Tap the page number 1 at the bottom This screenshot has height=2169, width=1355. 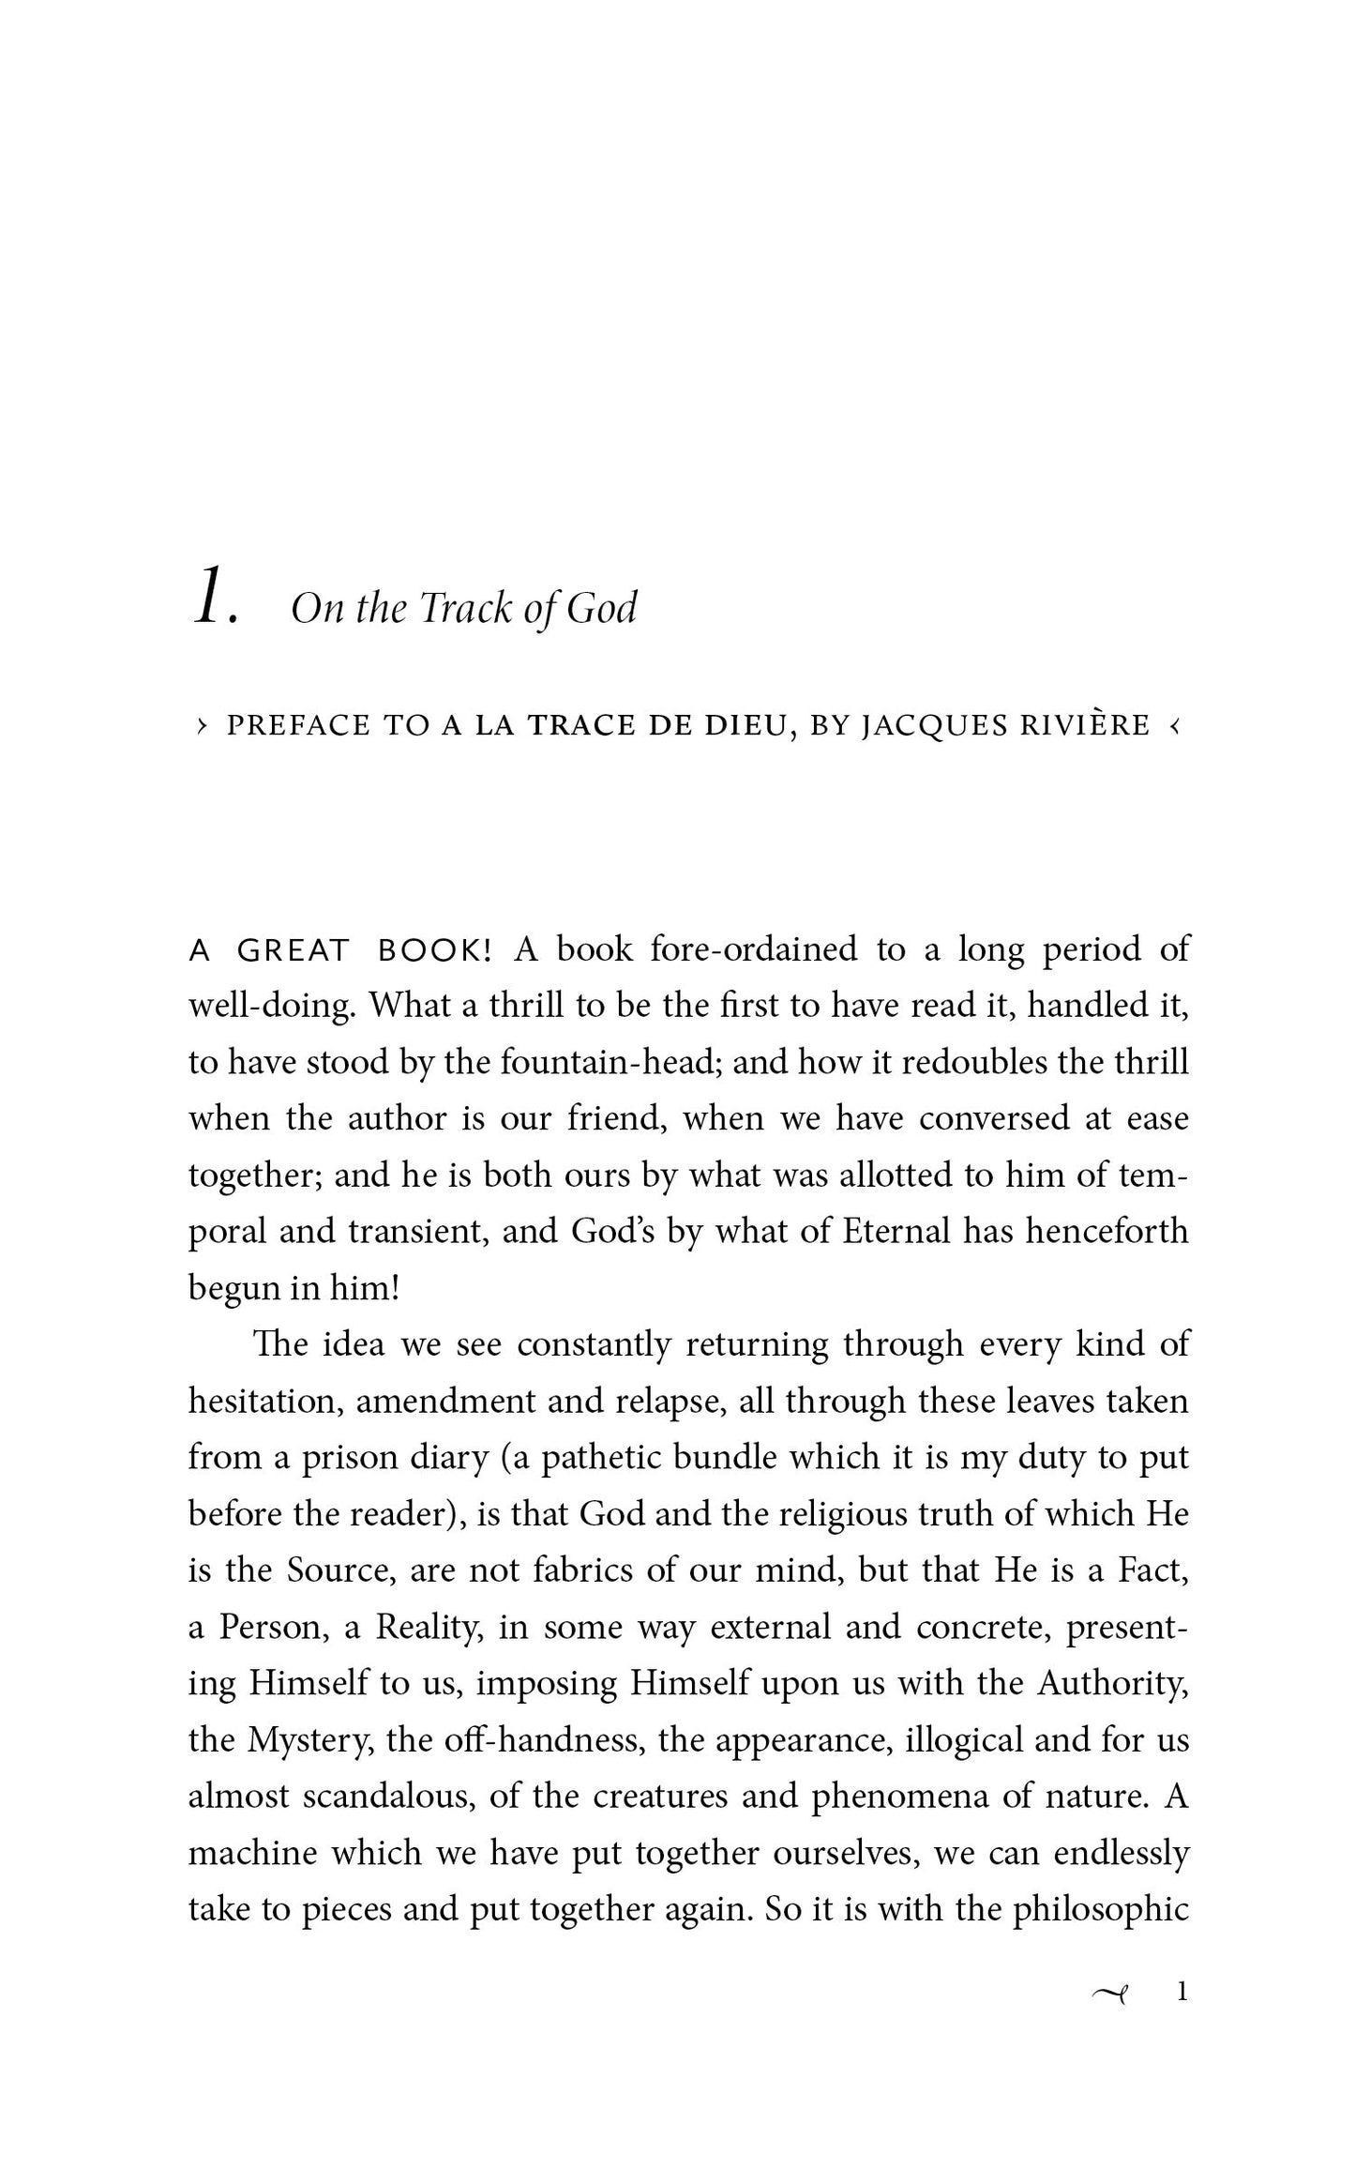click(x=1182, y=2017)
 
